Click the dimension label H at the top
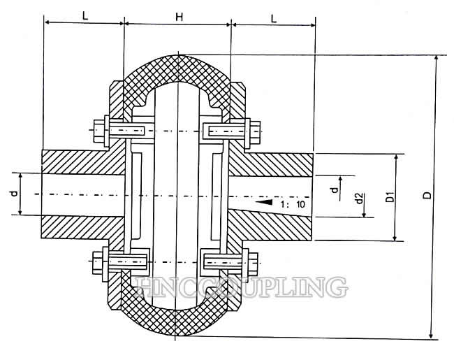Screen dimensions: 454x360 (180, 17)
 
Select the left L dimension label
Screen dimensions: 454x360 (85, 16)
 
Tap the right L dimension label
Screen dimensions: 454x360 (274, 19)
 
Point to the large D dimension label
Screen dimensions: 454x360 (427, 195)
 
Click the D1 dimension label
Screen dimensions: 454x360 (390, 197)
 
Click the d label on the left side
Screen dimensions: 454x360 (15, 193)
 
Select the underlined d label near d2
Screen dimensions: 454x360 (335, 190)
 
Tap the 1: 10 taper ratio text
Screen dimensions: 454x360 (293, 204)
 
